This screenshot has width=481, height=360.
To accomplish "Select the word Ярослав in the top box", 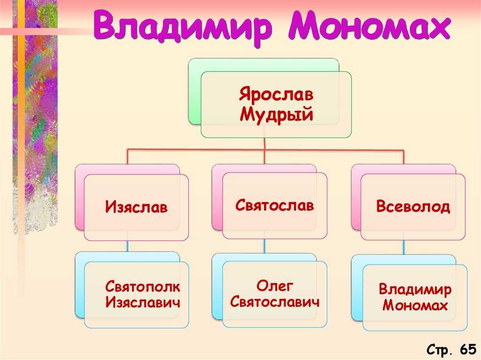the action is pos(276,95).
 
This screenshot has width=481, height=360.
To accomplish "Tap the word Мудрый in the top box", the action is pos(276,114).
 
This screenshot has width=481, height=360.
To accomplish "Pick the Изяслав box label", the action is pos(136,207).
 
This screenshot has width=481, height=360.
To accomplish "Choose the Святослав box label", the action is pos(274,205).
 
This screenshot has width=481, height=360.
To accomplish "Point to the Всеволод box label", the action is pos(413,207).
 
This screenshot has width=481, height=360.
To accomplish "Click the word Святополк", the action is pos(142,286).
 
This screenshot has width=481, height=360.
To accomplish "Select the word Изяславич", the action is pos(143,303).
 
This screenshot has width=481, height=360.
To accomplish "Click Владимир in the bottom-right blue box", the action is pos(415,289).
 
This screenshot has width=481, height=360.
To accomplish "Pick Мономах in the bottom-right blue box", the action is pos(415,306).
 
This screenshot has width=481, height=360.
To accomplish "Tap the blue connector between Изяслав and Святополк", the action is pos(127,246).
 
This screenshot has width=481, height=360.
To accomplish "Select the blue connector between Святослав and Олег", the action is pos(264,246).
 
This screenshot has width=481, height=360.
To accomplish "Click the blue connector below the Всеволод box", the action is pos(403,247).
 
